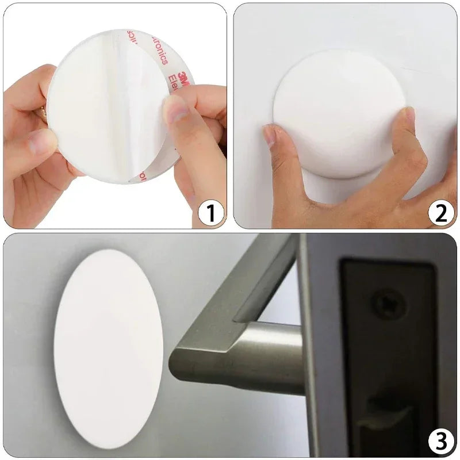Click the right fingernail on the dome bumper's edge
(x=409, y=115)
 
